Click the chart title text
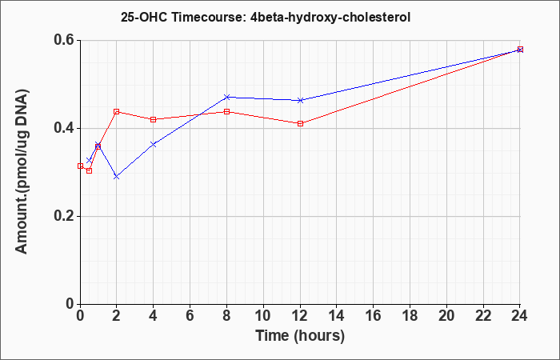coord(266,18)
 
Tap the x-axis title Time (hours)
coord(300,336)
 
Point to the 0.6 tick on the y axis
coord(66,40)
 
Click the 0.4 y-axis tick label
coord(66,128)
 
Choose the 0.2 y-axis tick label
coord(66,216)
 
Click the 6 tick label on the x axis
coord(190,316)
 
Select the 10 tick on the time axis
coord(263,316)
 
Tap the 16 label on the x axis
coord(374,316)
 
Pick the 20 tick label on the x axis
coord(446,316)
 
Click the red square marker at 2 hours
coord(117,112)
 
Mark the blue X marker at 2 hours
coord(117,177)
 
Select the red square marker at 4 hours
coord(154,120)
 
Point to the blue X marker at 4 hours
coord(154,144)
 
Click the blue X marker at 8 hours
coord(226,97)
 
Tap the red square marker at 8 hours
coord(226,112)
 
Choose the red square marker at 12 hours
coord(300,123)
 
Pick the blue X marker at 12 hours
coord(300,100)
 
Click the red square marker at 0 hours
coord(80,166)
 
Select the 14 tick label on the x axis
coord(337,316)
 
